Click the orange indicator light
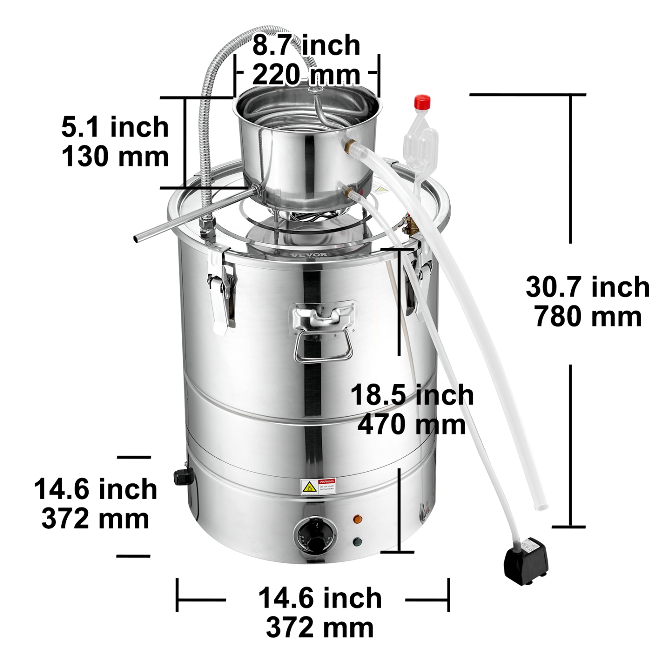pyautogui.click(x=358, y=520)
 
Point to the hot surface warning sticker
pyautogui.click(x=319, y=486)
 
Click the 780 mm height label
pyautogui.click(x=588, y=316)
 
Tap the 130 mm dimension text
pyautogui.click(x=115, y=157)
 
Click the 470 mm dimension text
pyautogui.click(x=411, y=424)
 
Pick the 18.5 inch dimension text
pyautogui.click(x=411, y=395)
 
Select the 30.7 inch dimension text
pyautogui.click(x=588, y=287)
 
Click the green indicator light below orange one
pyautogui.click(x=358, y=542)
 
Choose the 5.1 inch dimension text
pyautogui.click(x=115, y=127)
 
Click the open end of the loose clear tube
pyautogui.click(x=542, y=507)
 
